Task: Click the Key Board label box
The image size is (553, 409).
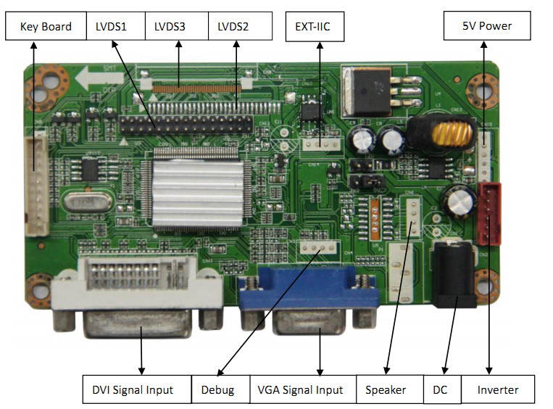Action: pyautogui.click(x=46, y=27)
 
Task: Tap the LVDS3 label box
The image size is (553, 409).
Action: pyautogui.click(x=176, y=27)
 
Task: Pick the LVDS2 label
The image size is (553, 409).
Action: pyautogui.click(x=239, y=27)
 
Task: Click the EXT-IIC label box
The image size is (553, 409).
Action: pyautogui.click(x=314, y=27)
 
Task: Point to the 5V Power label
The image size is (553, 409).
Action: pyautogui.click(x=487, y=26)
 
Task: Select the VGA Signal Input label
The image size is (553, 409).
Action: pyautogui.click(x=302, y=389)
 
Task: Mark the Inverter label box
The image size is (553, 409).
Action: pyautogui.click(x=498, y=389)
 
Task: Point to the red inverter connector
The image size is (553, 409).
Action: pyautogui.click(x=490, y=212)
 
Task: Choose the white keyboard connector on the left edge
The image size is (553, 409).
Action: pyautogui.click(x=36, y=184)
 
